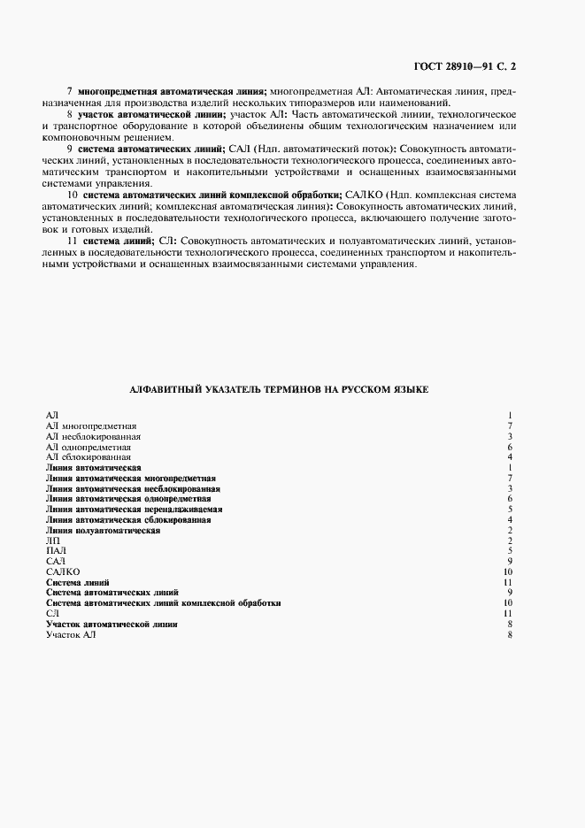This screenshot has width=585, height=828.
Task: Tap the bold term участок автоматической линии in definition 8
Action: coord(150,115)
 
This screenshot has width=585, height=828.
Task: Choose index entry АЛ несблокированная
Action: coord(93,436)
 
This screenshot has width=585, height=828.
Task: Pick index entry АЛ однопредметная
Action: coord(89,447)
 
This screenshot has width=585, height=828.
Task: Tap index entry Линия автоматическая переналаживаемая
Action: coord(134,510)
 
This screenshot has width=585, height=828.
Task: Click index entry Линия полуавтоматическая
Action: coord(103,530)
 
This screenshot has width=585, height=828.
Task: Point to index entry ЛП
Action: coord(51,540)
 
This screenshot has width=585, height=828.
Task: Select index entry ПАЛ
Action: coord(54,551)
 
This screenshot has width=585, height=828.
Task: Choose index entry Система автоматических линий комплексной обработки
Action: coord(164,603)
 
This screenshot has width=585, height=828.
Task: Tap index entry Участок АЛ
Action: coord(65,634)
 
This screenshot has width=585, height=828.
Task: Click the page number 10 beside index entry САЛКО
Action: coord(509,572)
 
